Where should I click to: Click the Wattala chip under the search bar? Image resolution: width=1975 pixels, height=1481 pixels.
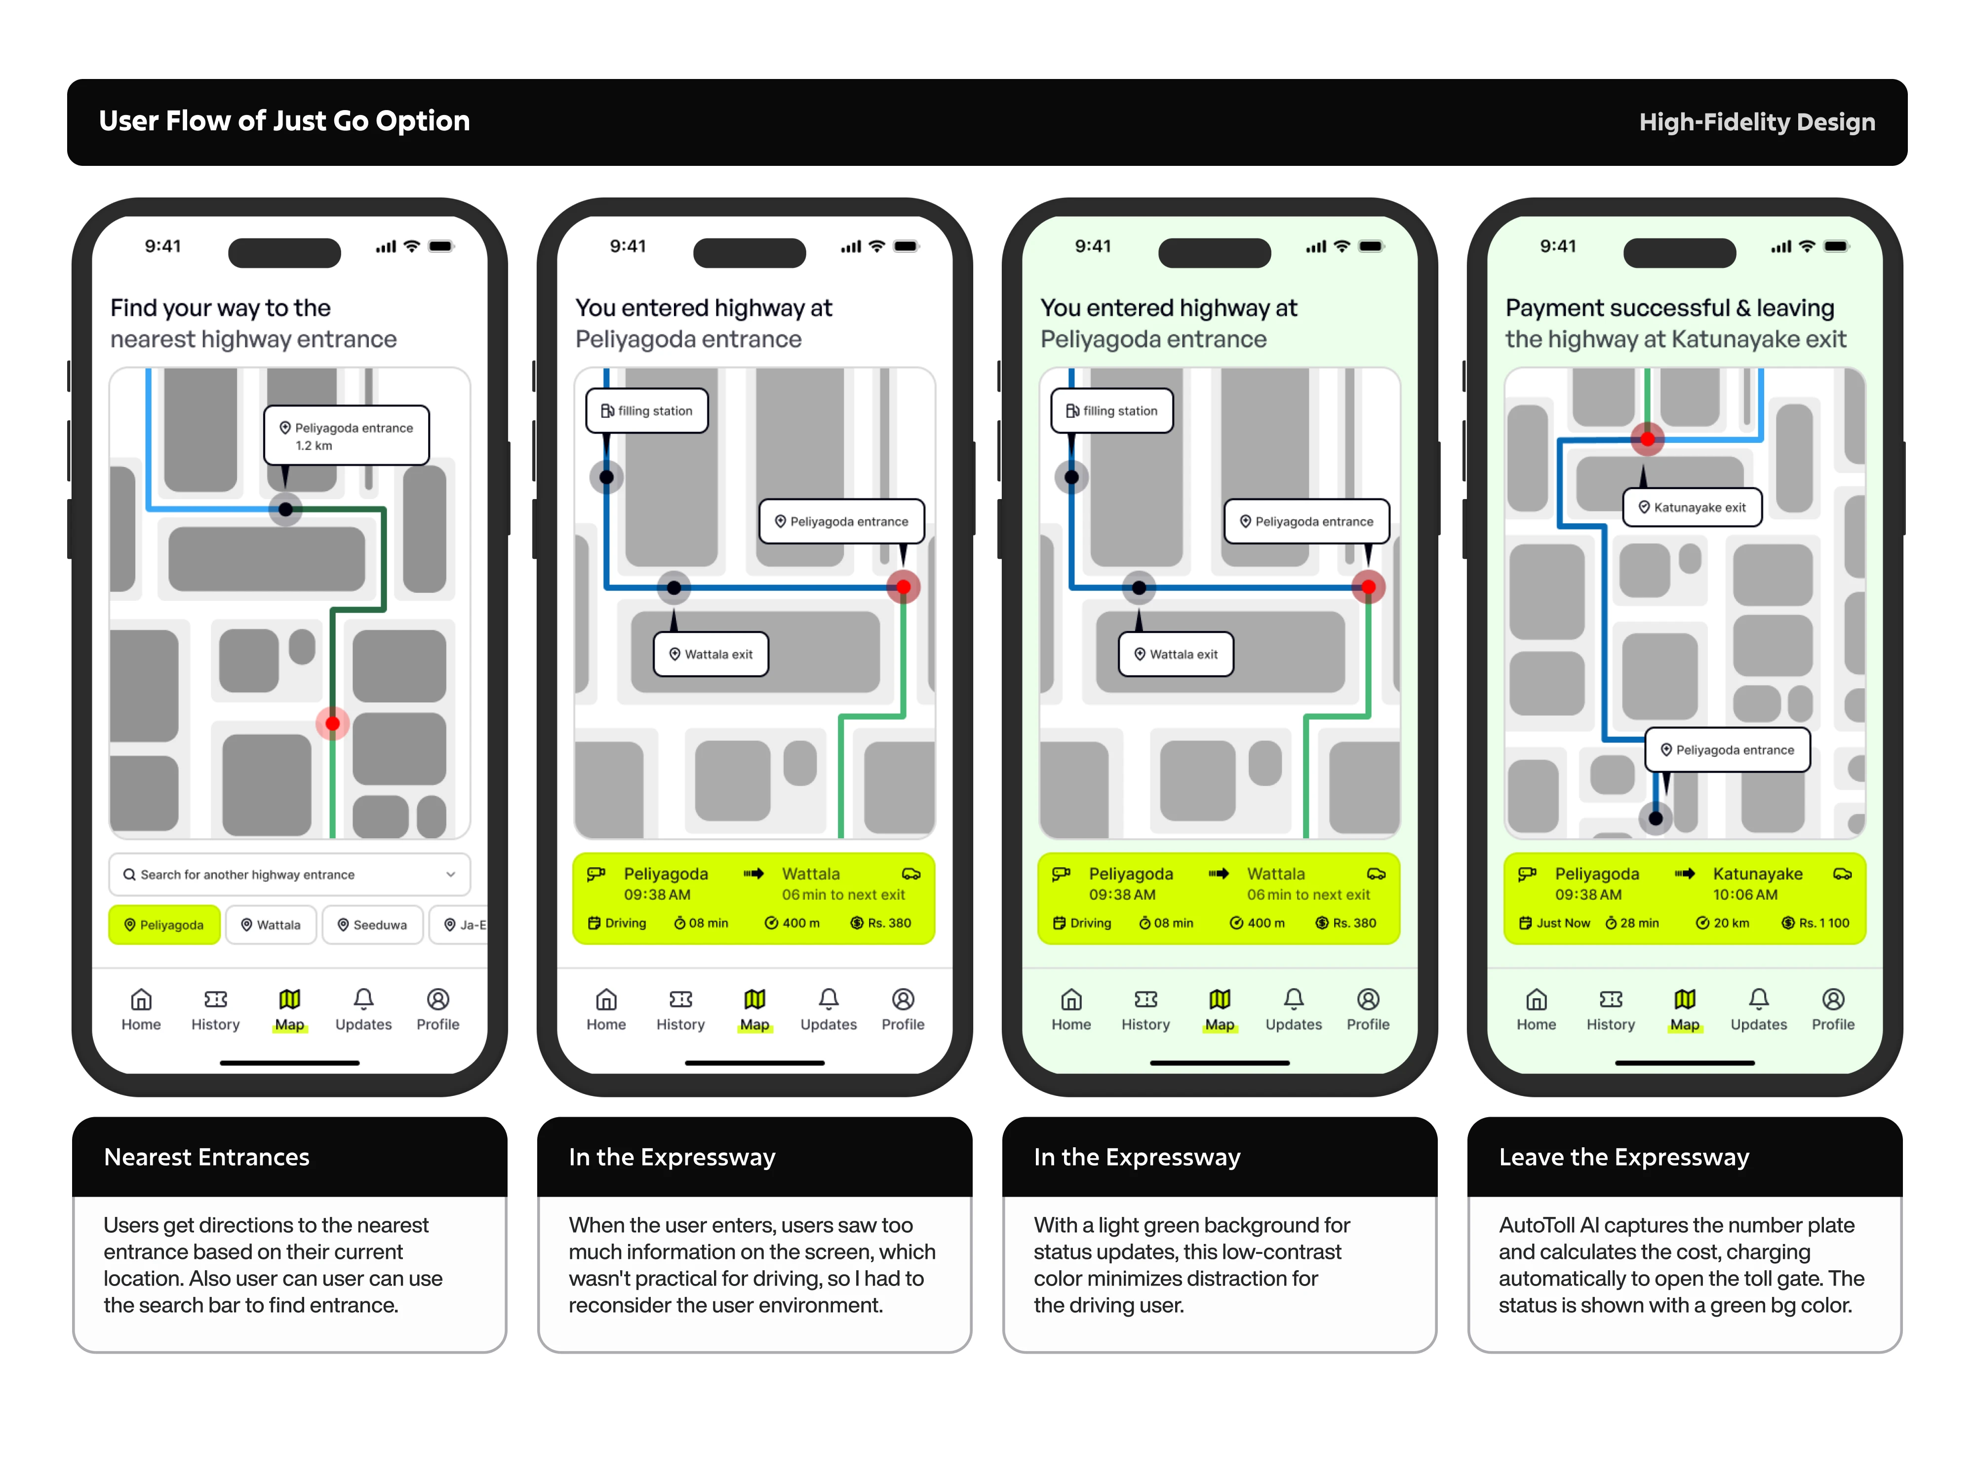[272, 925]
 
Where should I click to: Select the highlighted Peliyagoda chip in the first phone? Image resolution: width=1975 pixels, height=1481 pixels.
[164, 925]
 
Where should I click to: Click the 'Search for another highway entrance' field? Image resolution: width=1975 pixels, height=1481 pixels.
[289, 875]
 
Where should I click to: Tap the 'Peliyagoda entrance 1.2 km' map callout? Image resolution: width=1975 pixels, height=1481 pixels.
[347, 435]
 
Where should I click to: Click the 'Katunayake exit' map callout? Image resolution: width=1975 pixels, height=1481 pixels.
[1692, 507]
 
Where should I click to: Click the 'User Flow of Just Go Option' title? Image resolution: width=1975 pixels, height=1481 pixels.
[284, 121]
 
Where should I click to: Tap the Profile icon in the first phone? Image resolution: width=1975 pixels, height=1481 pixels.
[437, 999]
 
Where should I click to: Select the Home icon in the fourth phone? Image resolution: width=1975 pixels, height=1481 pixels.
[1536, 999]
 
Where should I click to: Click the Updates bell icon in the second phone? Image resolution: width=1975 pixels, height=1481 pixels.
[829, 999]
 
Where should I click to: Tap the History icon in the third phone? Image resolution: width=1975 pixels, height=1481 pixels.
[1145, 999]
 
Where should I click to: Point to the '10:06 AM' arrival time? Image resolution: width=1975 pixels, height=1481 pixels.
[1744, 895]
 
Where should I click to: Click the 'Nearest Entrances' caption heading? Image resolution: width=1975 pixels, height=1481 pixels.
[206, 1157]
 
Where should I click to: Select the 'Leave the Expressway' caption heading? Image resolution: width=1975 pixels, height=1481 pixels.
[1623, 1157]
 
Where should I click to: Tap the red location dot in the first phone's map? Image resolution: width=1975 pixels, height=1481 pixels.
[332, 723]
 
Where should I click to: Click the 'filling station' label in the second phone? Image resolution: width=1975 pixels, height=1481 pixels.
[647, 411]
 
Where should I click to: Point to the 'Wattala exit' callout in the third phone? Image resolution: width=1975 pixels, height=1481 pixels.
[1176, 654]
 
